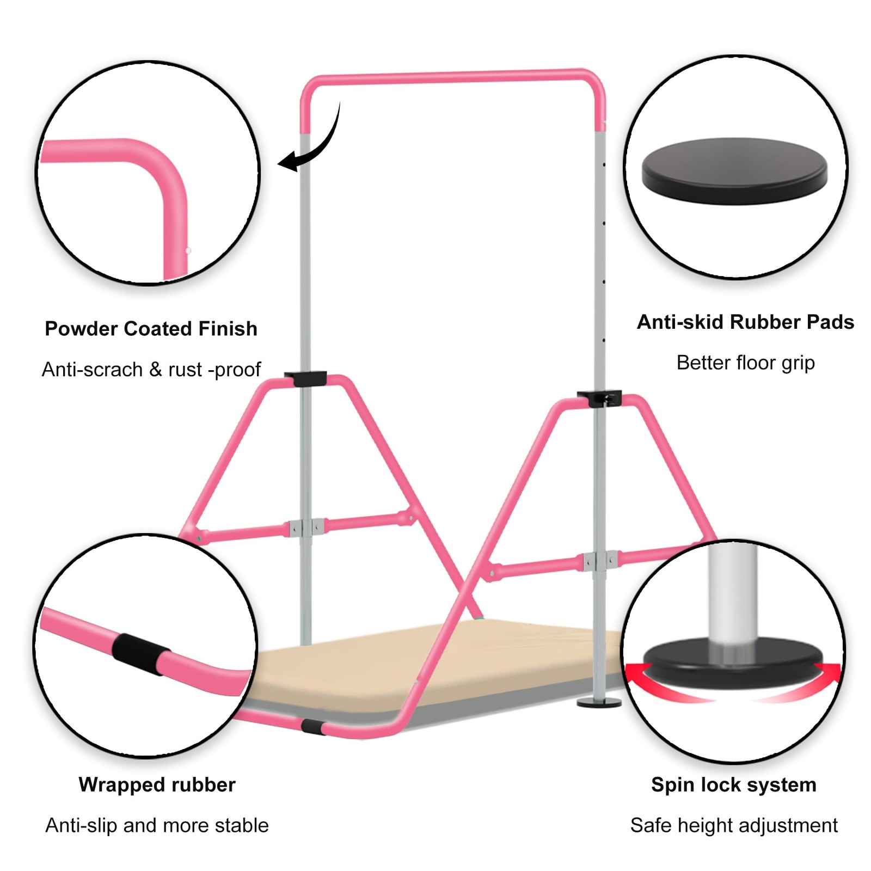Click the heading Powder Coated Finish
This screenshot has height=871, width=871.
click(x=151, y=329)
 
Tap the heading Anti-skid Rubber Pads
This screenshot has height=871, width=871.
click(x=745, y=322)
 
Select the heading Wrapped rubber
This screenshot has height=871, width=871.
click(x=157, y=784)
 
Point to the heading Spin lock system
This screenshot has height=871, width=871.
click(x=733, y=784)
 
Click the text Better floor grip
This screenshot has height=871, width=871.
click(x=745, y=363)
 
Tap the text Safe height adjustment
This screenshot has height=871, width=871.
click(x=733, y=825)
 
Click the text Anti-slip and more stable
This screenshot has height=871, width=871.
click(x=157, y=825)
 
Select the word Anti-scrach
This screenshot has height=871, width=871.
click(x=92, y=370)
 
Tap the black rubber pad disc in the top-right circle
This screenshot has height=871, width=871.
click(x=734, y=170)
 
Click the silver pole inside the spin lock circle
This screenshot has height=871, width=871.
click(x=733, y=593)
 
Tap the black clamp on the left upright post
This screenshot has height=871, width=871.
click(x=305, y=378)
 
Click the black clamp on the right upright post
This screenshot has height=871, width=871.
click(x=599, y=398)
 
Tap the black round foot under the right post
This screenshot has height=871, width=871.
click(x=599, y=702)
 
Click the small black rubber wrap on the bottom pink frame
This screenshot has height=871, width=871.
click(x=312, y=726)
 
